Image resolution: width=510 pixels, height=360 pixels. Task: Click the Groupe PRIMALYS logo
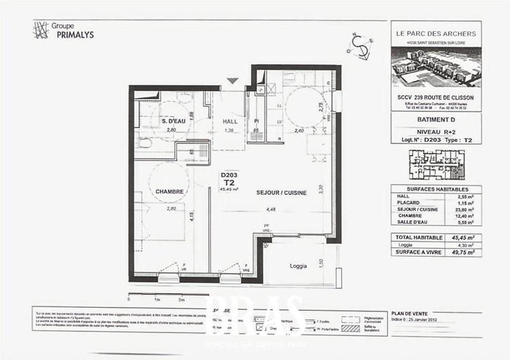63,31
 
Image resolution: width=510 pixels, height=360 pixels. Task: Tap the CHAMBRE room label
170,191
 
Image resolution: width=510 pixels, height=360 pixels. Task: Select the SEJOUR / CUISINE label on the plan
281,192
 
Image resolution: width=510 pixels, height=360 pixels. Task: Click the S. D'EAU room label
173,121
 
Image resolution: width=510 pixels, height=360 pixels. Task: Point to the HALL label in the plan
230,121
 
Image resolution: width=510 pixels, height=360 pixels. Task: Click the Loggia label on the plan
298,265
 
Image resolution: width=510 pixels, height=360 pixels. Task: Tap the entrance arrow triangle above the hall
233,81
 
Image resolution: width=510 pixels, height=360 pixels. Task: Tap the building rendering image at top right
435,67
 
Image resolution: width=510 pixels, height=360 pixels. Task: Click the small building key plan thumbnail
435,164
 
